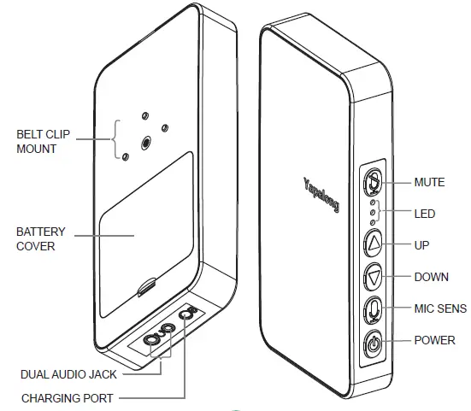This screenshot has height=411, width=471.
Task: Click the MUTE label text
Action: [429, 182]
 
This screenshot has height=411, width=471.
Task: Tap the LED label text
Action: [423, 213]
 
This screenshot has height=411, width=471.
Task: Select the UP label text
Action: [421, 245]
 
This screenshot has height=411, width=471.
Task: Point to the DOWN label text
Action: [431, 277]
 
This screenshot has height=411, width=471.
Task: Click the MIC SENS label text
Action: [439, 308]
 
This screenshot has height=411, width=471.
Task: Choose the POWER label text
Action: [434, 339]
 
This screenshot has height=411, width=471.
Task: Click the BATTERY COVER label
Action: [41, 238]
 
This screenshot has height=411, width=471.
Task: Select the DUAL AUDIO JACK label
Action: [68, 373]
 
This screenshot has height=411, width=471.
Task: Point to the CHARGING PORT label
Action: [67, 398]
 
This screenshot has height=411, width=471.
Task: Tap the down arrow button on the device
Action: [374, 277]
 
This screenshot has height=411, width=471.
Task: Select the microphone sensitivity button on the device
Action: [374, 308]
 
